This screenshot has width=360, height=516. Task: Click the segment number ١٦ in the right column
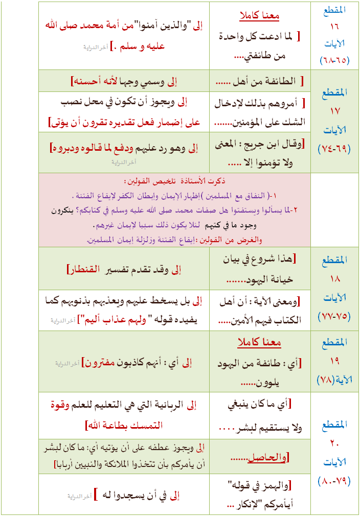click(335, 25)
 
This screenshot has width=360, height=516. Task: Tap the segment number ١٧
click(335, 111)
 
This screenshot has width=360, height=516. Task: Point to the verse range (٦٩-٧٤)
click(335, 149)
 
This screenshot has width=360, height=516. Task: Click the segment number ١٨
click(335, 279)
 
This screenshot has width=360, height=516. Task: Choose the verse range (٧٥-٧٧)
click(335, 316)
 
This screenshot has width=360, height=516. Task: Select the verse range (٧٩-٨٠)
click(335, 481)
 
